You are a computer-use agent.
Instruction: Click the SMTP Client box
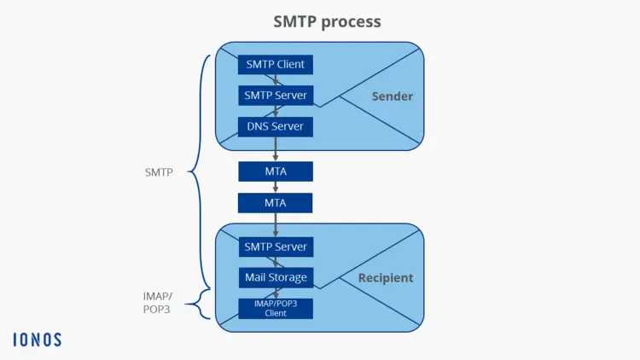(x=275, y=64)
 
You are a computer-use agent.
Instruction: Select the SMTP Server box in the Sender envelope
(x=275, y=95)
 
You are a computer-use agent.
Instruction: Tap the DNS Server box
(x=275, y=126)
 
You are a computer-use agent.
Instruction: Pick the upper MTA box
(x=275, y=171)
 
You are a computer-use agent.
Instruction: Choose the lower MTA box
(x=275, y=203)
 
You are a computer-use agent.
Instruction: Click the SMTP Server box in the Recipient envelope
(x=275, y=247)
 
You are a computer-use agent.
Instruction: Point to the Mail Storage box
(x=275, y=277)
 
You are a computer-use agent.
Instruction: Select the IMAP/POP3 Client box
(x=275, y=308)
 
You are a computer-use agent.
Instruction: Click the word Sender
(x=392, y=96)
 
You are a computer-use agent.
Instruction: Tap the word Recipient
(x=385, y=277)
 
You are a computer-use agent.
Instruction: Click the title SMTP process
(x=327, y=21)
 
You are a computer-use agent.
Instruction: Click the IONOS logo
(x=37, y=339)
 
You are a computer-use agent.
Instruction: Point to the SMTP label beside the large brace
(x=159, y=172)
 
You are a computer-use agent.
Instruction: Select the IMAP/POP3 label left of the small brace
(x=157, y=302)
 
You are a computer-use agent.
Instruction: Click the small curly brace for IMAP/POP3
(x=203, y=302)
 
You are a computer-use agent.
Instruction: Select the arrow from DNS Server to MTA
(x=276, y=150)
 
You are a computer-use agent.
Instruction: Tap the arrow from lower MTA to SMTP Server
(x=276, y=224)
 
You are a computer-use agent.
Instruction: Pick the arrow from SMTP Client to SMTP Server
(x=276, y=79)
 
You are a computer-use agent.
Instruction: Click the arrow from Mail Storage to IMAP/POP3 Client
(x=276, y=293)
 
